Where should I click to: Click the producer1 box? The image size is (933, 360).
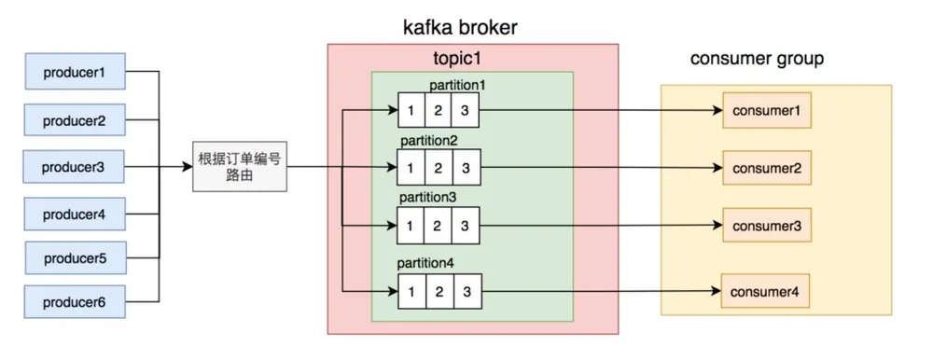75,72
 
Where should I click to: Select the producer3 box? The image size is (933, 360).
74,167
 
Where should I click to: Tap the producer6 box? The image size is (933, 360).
75,301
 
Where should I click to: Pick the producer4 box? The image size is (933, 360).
75,214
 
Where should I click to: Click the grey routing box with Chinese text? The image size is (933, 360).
240,167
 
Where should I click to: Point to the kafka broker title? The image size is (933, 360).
460,27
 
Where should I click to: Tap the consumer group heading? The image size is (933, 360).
757,59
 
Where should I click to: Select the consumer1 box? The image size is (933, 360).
767,111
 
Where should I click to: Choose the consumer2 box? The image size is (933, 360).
767,168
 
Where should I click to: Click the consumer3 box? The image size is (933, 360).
767,226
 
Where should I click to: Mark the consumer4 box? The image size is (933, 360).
765,291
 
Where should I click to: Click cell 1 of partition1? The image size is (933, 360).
411,110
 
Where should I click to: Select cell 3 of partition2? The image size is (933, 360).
466,168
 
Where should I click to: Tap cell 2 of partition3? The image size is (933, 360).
438,226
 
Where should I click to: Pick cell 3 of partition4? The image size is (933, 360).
466,292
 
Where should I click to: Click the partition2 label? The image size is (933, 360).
428,142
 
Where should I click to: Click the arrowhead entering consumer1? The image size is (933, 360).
717,111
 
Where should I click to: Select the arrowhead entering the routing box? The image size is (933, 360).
187,167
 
